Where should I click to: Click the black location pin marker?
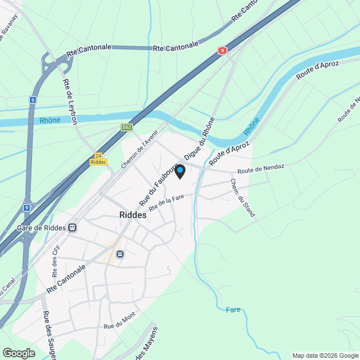(180, 171)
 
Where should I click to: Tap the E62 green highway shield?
(127, 128)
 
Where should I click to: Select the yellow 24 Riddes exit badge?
(98, 159)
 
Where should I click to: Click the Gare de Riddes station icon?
(72, 228)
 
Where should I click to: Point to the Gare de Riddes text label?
(42, 228)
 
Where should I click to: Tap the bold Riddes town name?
(133, 215)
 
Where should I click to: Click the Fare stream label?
(233, 310)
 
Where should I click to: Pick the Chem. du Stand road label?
(242, 197)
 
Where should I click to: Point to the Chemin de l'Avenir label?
(141, 148)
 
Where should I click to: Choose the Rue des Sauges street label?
(49, 334)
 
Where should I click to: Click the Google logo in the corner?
(18, 353)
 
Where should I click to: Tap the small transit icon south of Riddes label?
(120, 254)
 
